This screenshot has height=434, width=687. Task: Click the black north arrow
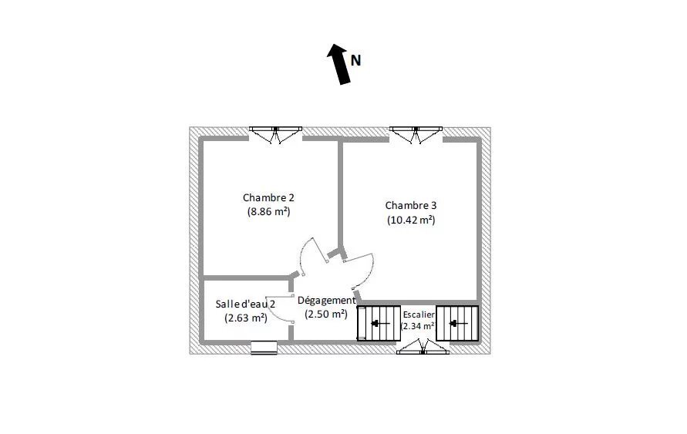tap(338, 65)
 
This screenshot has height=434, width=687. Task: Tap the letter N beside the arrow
tap(355, 60)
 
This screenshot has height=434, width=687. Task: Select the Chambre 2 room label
tap(268, 197)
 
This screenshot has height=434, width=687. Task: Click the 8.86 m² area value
tap(268, 212)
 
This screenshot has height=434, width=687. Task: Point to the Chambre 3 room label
tap(411, 205)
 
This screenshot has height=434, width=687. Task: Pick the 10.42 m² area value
tap(411, 220)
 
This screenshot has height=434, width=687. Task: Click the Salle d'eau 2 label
tap(245, 304)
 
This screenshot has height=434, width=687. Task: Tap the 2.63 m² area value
tap(246, 318)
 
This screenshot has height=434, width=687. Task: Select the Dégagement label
tap(326, 301)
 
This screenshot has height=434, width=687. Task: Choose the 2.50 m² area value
tap(326, 314)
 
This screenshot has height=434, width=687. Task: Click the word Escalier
tap(419, 315)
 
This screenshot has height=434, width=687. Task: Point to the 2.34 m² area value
tap(418, 326)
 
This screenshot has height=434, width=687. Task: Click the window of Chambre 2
tap(275, 135)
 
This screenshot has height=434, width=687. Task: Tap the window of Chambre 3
tap(416, 135)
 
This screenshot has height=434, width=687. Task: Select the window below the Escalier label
tap(423, 346)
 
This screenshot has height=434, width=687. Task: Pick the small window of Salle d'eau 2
tap(264, 348)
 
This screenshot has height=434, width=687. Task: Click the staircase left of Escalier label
tap(379, 323)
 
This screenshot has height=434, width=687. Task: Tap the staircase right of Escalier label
tap(457, 323)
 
